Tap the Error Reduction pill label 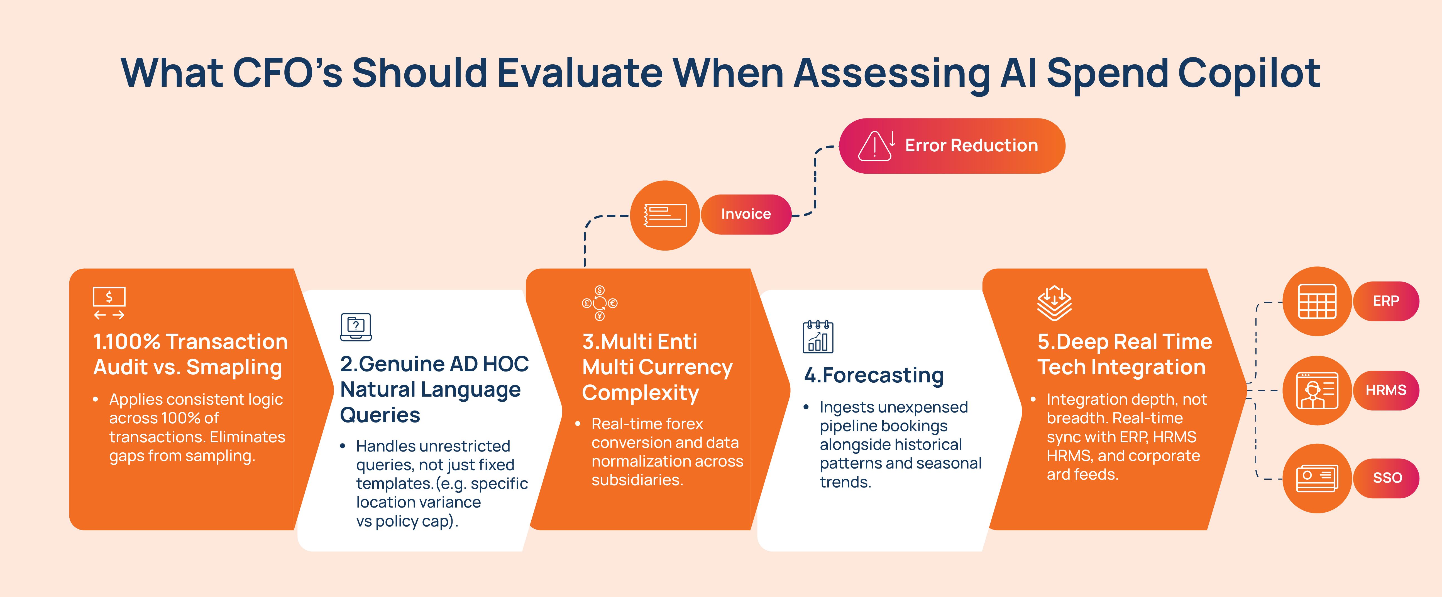click(952, 145)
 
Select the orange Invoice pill click(746, 214)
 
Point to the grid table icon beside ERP click(1317, 301)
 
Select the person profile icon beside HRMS click(1317, 390)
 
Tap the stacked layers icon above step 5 click(1054, 303)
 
